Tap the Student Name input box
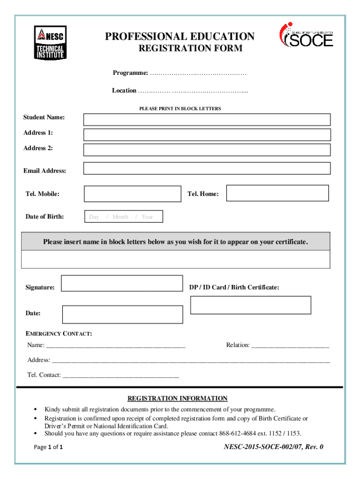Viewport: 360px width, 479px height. coord(207,120)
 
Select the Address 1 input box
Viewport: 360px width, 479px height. coord(207,135)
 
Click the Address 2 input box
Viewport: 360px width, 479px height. coord(207,150)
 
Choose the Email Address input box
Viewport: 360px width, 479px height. coord(207,168)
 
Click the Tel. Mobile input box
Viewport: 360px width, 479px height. coord(132,194)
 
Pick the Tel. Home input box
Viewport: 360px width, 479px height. coord(277,193)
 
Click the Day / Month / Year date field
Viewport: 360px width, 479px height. coord(124,217)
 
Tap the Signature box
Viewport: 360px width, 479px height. coord(122,283)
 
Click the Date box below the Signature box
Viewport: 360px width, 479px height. coord(122,314)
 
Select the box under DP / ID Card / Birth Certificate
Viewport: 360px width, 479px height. coord(251,305)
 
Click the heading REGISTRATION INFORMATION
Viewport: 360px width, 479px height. coord(177,399)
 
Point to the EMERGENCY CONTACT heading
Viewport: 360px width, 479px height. coord(58,334)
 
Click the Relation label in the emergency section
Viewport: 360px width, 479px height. coord(238,345)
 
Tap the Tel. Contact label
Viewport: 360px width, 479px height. coord(44,375)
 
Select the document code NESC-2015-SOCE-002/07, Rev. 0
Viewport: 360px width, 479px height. coord(274,447)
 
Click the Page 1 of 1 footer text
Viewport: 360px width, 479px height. coord(49,447)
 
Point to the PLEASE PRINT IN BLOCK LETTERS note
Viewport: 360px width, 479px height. coord(180,109)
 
